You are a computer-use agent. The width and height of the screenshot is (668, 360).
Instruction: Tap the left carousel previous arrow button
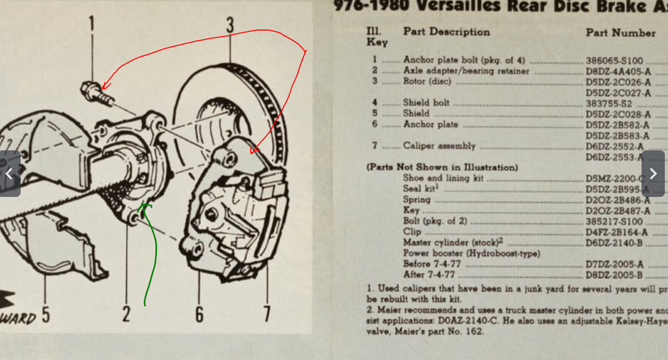pyautogui.click(x=10, y=174)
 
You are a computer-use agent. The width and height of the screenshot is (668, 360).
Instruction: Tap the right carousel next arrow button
pyautogui.click(x=653, y=174)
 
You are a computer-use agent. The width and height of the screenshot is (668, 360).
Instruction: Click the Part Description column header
pyautogui.click(x=447, y=32)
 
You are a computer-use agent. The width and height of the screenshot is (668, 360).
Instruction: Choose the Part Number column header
pyautogui.click(x=620, y=33)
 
